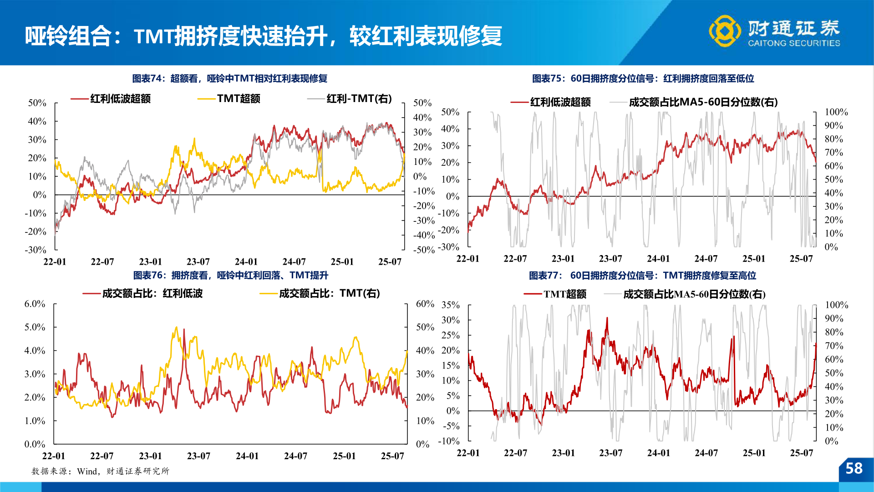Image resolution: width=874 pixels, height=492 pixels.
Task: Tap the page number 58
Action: coord(854,468)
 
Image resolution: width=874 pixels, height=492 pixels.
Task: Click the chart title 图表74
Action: coord(229,78)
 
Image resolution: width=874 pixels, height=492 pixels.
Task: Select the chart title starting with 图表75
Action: coord(643,78)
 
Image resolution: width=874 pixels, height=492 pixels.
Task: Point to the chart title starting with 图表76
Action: coord(230,275)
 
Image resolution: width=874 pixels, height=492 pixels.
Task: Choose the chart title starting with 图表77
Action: coord(642,275)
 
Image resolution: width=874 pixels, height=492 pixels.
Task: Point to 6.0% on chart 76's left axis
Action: coord(35,304)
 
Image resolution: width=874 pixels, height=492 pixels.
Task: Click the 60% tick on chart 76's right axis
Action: coord(425,304)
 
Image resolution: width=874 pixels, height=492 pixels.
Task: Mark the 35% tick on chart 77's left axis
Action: coord(450,305)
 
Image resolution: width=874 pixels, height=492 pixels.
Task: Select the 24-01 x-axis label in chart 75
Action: coord(658,259)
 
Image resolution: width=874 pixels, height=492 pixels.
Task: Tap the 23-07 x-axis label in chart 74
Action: coord(198,262)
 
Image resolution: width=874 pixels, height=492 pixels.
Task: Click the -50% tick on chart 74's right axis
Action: coord(424,250)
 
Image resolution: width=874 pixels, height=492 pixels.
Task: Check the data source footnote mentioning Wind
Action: coord(100,471)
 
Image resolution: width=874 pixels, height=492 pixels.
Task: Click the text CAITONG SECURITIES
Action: coord(794,43)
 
